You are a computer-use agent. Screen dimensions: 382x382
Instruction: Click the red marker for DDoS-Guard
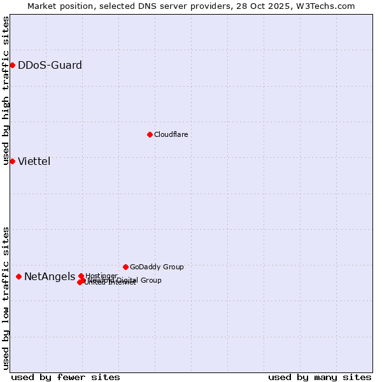pos(12,65)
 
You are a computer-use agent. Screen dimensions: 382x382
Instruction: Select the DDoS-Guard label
pos(50,65)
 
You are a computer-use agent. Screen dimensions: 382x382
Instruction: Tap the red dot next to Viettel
pos(12,161)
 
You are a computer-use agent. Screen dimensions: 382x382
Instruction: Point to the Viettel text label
pos(34,161)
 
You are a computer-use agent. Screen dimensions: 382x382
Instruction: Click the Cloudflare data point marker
pos(150,134)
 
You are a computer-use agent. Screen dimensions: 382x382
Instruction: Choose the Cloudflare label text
pos(171,134)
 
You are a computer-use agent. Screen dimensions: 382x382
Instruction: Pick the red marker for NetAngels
pos(18,276)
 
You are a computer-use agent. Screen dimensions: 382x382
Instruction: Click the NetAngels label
pos(49,276)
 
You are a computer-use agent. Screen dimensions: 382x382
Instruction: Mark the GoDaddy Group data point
pos(125,267)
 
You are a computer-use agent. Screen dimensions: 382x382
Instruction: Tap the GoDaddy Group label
pos(157,267)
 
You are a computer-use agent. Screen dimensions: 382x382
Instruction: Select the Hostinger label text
pos(102,276)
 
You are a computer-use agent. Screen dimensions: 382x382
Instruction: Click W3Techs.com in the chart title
pos(329,6)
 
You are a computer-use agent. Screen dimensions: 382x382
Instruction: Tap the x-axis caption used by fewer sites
pos(66,377)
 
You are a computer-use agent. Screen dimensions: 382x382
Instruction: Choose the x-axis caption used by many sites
pos(320,377)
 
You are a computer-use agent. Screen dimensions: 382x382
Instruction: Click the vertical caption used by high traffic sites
pos(6,91)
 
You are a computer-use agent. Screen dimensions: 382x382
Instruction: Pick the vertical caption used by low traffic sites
pos(6,298)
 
